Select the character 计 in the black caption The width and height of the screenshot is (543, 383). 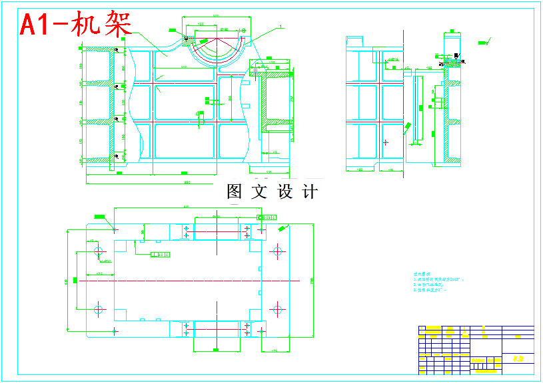pos(310,192)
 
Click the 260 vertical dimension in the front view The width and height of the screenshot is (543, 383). pos(231,98)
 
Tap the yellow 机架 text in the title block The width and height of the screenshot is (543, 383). pos(518,359)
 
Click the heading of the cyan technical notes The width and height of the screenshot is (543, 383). pos(418,273)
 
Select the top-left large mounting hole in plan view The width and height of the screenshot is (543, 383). pos(99,251)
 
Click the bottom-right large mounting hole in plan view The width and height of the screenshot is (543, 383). pos(276,309)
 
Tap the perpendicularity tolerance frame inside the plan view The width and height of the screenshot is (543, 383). pos(160,254)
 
